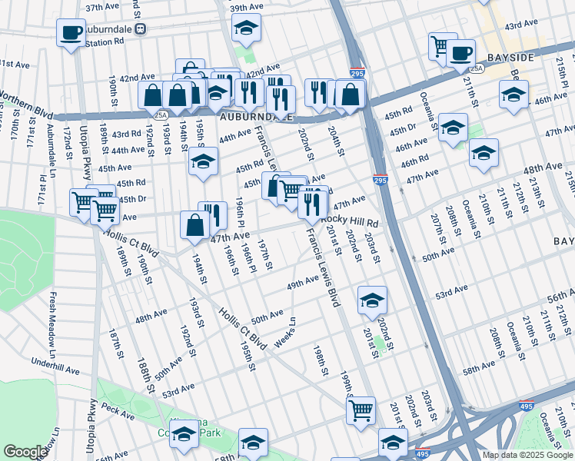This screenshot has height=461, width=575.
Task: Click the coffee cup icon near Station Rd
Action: pyautogui.click(x=71, y=33)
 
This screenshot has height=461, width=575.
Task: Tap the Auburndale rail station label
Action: pyautogui.click(x=108, y=29)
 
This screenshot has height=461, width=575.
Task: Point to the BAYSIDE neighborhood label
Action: pyautogui.click(x=510, y=58)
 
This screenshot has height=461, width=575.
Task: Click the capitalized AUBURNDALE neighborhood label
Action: pyautogui.click(x=257, y=118)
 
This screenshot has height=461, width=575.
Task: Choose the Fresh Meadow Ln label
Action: pyautogui.click(x=53, y=315)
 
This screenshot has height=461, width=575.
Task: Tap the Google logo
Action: pyautogui.click(x=25, y=452)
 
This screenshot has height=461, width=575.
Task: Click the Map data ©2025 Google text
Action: pyautogui.click(x=527, y=455)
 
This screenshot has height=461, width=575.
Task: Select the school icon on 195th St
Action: pyautogui.click(x=204, y=162)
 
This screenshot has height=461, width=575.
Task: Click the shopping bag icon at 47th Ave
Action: pyautogui.click(x=194, y=224)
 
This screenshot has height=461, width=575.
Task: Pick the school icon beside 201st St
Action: pyautogui.click(x=373, y=300)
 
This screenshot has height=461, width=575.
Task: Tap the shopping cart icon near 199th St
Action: pyautogui.click(x=361, y=410)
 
